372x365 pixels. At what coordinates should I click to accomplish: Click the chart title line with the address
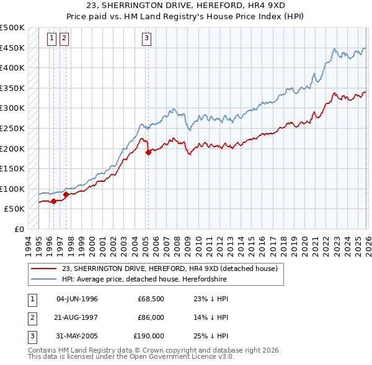tap(186, 7)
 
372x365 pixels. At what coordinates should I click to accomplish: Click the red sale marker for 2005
tap(148, 152)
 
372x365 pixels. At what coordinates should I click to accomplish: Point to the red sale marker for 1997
tap(66, 194)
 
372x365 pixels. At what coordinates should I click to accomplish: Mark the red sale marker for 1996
tap(53, 201)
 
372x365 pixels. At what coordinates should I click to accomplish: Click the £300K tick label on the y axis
tap(12, 108)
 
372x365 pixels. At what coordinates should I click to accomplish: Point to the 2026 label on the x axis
tap(366, 243)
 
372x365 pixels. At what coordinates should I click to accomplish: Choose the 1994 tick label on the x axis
tap(29, 243)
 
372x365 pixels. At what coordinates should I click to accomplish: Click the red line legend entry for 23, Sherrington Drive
tap(173, 268)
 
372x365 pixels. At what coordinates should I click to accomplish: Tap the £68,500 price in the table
tap(151, 299)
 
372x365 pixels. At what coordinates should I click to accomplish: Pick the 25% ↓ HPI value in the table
tap(211, 336)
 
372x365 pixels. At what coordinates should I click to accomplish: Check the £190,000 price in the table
tap(149, 336)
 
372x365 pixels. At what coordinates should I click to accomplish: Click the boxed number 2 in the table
tap(32, 317)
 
